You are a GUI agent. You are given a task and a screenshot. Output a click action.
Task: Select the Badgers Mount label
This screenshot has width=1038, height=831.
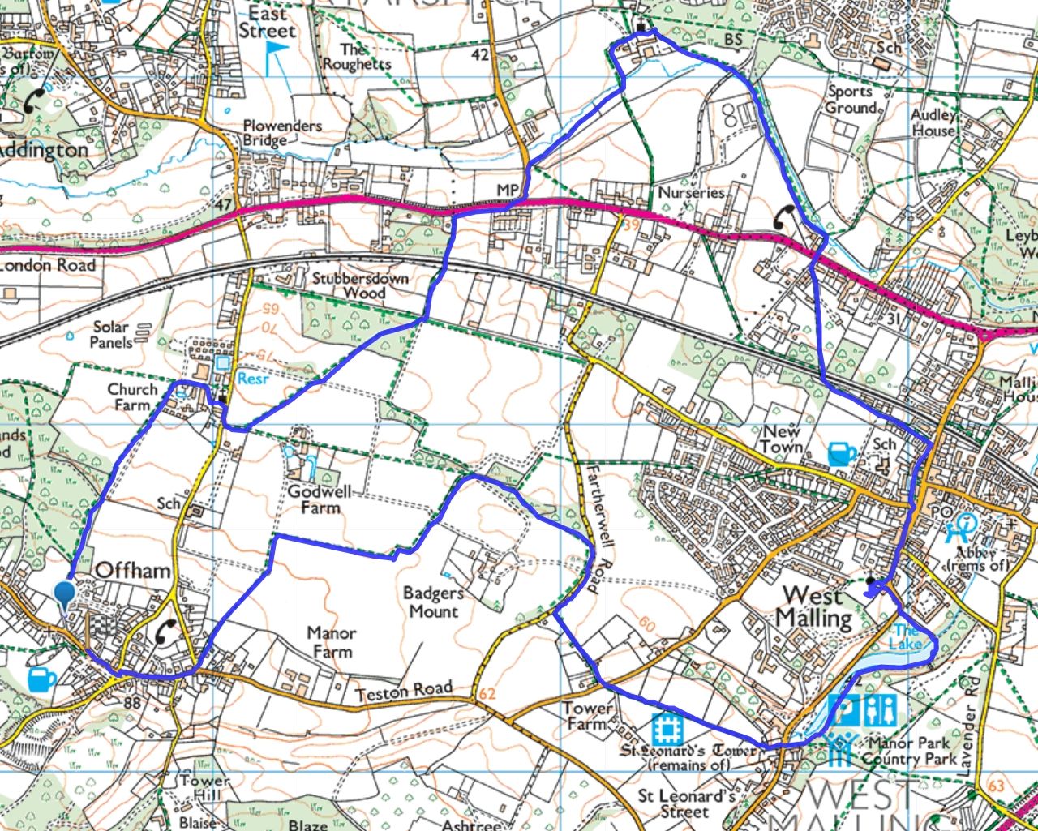433,602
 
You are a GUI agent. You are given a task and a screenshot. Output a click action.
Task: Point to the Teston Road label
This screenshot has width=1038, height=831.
403,691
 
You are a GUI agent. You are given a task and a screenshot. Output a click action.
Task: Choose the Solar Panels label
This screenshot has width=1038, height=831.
111,334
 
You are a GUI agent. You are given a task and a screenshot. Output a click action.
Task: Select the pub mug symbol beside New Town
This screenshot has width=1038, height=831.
842,453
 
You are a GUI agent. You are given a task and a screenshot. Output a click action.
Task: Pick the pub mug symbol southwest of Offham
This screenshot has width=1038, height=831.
41,679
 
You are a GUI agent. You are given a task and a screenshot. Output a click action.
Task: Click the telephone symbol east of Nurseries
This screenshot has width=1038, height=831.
785,218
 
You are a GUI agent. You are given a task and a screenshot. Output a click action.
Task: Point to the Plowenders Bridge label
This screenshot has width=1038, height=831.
282,133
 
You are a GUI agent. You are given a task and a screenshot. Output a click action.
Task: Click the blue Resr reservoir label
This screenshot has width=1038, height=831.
251,379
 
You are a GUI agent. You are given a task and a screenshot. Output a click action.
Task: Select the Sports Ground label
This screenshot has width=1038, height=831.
851,100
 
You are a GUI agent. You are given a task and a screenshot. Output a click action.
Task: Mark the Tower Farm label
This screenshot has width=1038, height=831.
588,716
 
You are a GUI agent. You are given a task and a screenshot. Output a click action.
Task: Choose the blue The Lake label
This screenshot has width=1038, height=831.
906,637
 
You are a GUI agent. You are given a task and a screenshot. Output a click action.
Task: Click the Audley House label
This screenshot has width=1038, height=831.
933,122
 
